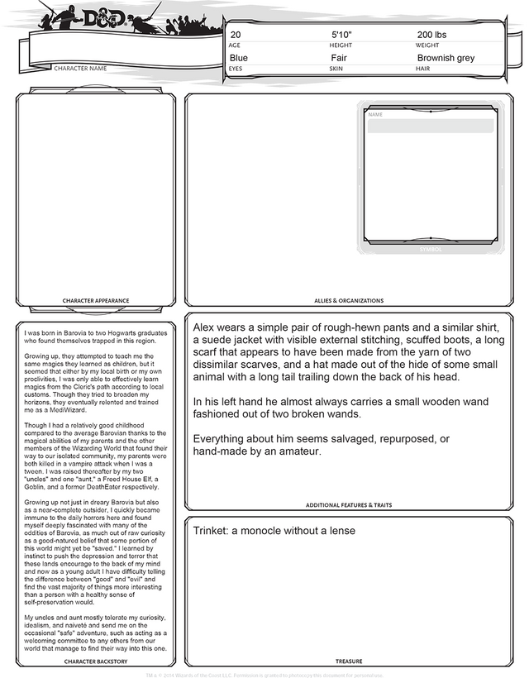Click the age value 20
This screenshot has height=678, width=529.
(236, 35)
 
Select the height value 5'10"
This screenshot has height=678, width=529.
(341, 35)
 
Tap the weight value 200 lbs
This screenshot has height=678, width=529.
(431, 35)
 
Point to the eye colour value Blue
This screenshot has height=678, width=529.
(238, 58)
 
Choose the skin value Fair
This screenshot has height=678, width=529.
(338, 58)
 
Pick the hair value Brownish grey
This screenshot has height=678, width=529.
(446, 58)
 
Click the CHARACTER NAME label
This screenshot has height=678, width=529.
(80, 68)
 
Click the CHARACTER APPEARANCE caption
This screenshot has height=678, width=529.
(96, 300)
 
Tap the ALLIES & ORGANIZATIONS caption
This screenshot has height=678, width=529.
(348, 300)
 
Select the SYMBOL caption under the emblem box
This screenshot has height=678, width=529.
(431, 249)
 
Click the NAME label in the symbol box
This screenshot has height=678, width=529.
(375, 114)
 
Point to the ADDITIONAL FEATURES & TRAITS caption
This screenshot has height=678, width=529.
(348, 504)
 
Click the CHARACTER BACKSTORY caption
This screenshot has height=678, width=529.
(96, 661)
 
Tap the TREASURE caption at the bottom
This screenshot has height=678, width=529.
(348, 661)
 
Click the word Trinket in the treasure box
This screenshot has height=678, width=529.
(210, 531)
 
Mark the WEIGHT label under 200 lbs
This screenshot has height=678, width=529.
(427, 45)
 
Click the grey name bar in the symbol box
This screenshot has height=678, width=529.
(430, 126)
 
